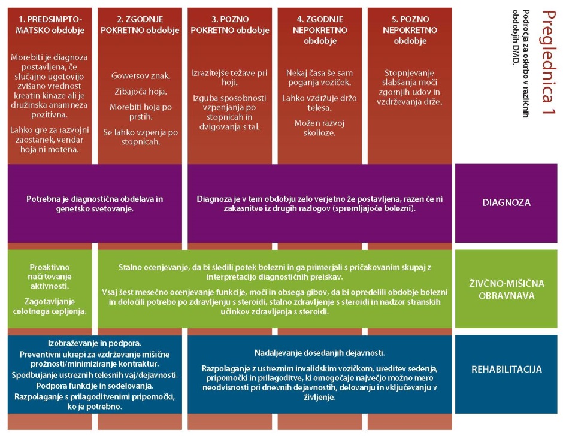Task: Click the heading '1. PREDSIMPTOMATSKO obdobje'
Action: click(50, 25)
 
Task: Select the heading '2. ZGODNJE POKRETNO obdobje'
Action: click(140, 25)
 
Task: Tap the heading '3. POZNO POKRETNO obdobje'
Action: click(230, 25)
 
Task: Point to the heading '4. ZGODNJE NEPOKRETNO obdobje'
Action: click(320, 30)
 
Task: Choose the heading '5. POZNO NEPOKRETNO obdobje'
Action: click(410, 30)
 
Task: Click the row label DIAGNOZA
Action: click(506, 202)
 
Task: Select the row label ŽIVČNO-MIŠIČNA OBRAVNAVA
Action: click(506, 289)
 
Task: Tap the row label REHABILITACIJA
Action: click(506, 369)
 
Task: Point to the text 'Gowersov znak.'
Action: click(140, 76)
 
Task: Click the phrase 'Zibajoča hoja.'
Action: click(140, 92)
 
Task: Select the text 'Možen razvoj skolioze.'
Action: click(319, 128)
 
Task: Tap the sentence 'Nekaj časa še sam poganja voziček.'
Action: click(319, 78)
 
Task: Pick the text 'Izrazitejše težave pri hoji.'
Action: click(230, 78)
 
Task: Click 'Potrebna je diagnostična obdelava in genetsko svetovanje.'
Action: click(95, 204)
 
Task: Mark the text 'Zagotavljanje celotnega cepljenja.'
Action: click(50, 307)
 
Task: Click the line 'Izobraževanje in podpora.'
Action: click(95, 343)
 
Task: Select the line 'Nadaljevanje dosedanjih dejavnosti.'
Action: click(320, 353)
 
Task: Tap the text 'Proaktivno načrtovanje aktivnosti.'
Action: click(50, 277)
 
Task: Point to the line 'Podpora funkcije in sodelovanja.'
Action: click(95, 386)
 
